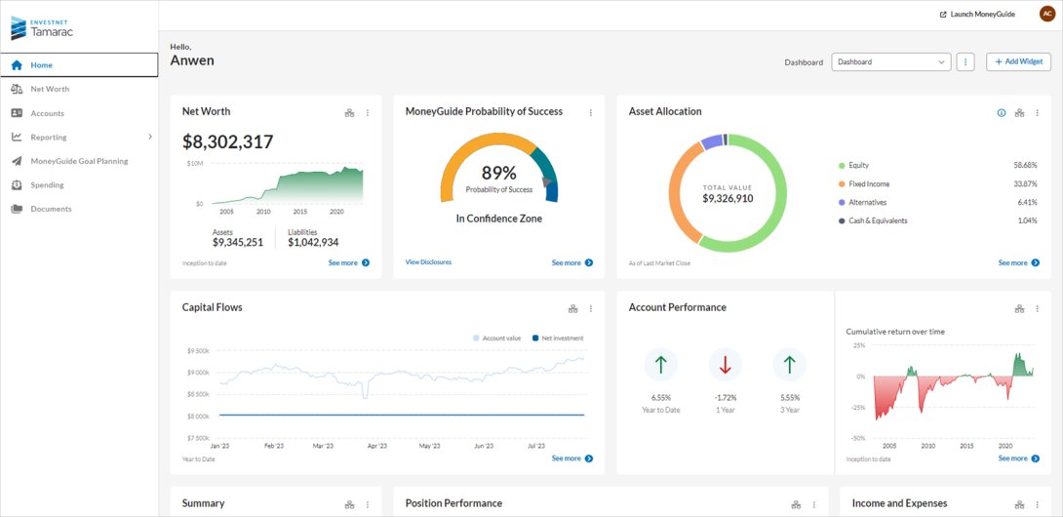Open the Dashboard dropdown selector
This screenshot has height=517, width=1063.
pos(890,61)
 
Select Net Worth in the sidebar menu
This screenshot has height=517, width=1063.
pos(50,89)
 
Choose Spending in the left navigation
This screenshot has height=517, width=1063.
pos(47,185)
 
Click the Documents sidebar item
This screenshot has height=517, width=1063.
pos(51,209)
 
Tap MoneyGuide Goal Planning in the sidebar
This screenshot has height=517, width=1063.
pos(78,161)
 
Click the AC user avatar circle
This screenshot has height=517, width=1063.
pos(1046,14)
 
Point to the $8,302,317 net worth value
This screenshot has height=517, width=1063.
pos(228,142)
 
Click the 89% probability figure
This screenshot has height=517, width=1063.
pos(498,174)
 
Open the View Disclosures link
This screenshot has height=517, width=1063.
pos(428,262)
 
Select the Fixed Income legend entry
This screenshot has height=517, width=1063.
pos(869,183)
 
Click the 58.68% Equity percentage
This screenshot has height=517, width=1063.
pos(1025,166)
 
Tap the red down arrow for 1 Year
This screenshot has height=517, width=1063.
pos(725,365)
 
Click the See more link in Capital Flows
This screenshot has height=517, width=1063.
pos(571,458)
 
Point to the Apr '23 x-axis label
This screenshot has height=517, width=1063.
pos(376,446)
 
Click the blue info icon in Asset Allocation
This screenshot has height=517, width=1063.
pos(1001,113)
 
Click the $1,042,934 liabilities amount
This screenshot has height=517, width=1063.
pos(313,243)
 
